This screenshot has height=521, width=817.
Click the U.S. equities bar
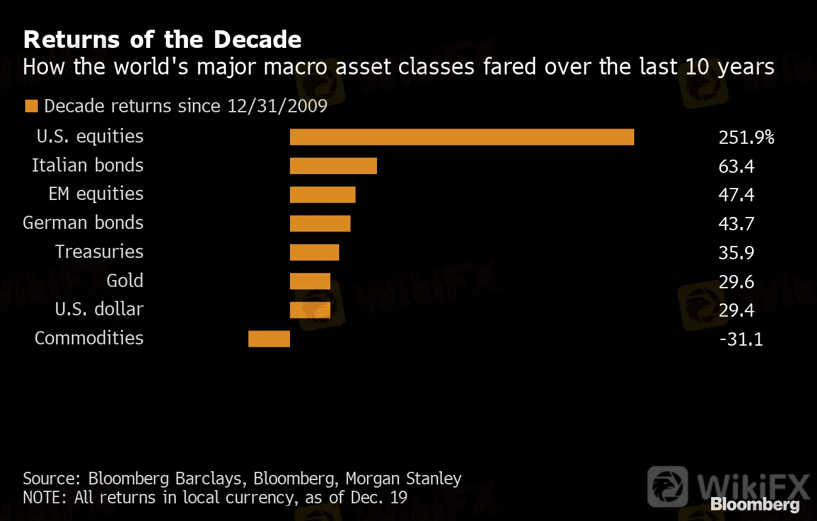pos(461,137)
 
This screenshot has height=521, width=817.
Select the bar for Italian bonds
pos(333,166)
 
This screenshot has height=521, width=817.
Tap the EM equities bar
pos(322,195)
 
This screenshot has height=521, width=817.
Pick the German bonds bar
pos(320,223)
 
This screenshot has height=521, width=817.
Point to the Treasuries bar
pos(314,252)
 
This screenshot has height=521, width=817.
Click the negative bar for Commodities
pos(269,339)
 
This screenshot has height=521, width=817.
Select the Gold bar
pos(310,281)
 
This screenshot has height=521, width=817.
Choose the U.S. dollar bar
pos(310,310)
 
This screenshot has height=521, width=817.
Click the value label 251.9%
pos(746,137)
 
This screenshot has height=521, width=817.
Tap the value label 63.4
pos(736,166)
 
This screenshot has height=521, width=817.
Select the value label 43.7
pos(736,223)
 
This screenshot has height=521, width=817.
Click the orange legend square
pos(31,106)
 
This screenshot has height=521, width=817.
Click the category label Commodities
pos(89,338)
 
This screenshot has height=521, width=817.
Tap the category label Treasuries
pos(99,252)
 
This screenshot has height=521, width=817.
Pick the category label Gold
pos(125,281)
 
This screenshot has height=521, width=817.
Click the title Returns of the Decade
pos(162,40)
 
